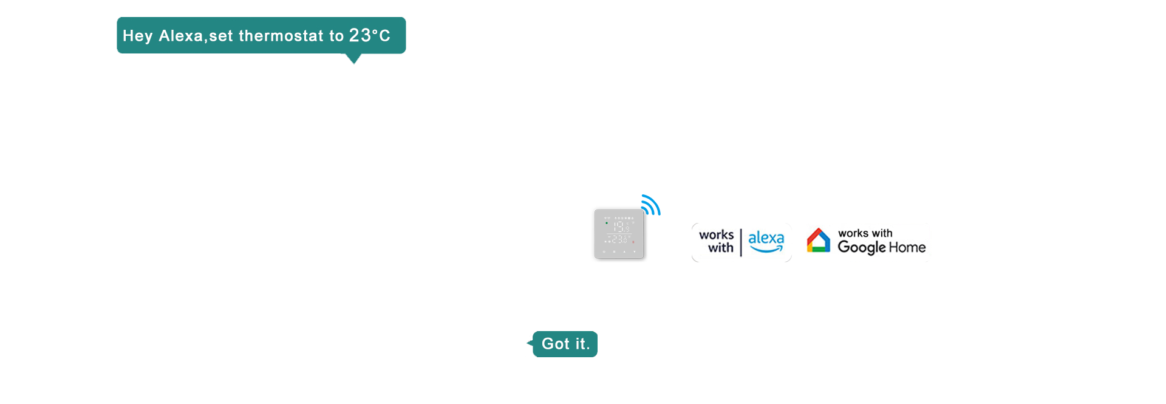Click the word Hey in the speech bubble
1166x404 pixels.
tap(137, 36)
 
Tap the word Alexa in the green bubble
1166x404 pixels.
tap(180, 36)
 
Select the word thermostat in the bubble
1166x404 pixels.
tap(281, 36)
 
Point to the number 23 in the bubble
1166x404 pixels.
tap(360, 36)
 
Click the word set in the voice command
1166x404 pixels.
tap(221, 36)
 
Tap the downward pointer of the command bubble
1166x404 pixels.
tap(353, 59)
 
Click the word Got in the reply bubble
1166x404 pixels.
tap(555, 344)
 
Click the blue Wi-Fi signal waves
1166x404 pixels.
tap(651, 205)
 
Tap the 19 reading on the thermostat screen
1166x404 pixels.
tap(620, 227)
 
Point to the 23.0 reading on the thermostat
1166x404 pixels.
tap(620, 240)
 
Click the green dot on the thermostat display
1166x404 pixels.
tap(606, 223)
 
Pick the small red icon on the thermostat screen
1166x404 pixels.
tap(633, 242)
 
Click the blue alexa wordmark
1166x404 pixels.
tap(766, 238)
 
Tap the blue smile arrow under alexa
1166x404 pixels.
tap(766, 248)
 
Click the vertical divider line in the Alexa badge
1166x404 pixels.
tap(741, 243)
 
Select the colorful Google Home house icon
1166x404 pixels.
tap(818, 241)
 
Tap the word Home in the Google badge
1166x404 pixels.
tap(907, 247)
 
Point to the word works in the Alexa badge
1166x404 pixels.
tap(716, 235)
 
